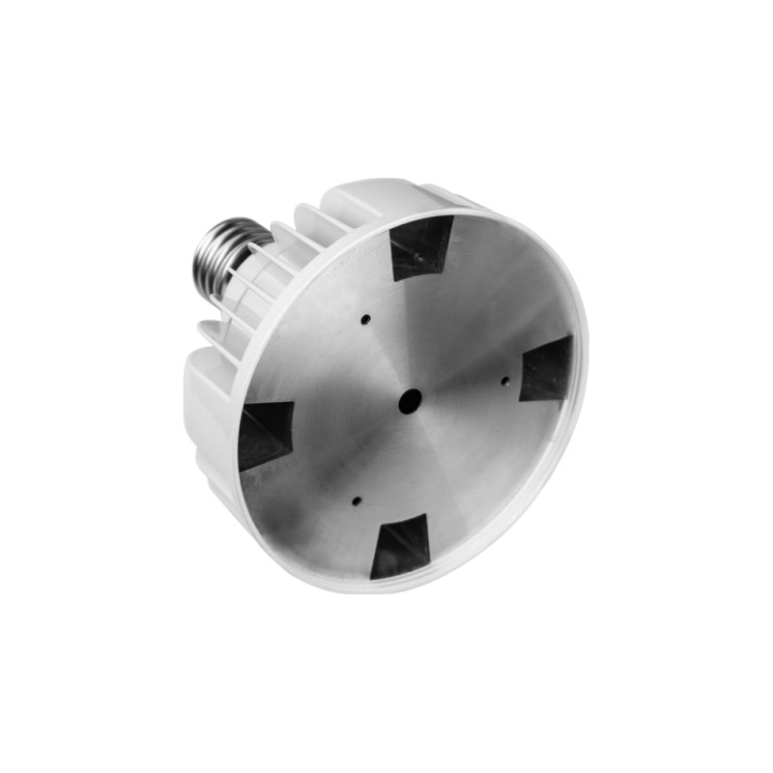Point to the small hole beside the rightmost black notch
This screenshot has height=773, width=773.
504,380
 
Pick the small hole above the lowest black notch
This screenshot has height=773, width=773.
356,501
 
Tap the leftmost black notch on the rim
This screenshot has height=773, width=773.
264,433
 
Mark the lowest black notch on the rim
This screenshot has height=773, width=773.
399,546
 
